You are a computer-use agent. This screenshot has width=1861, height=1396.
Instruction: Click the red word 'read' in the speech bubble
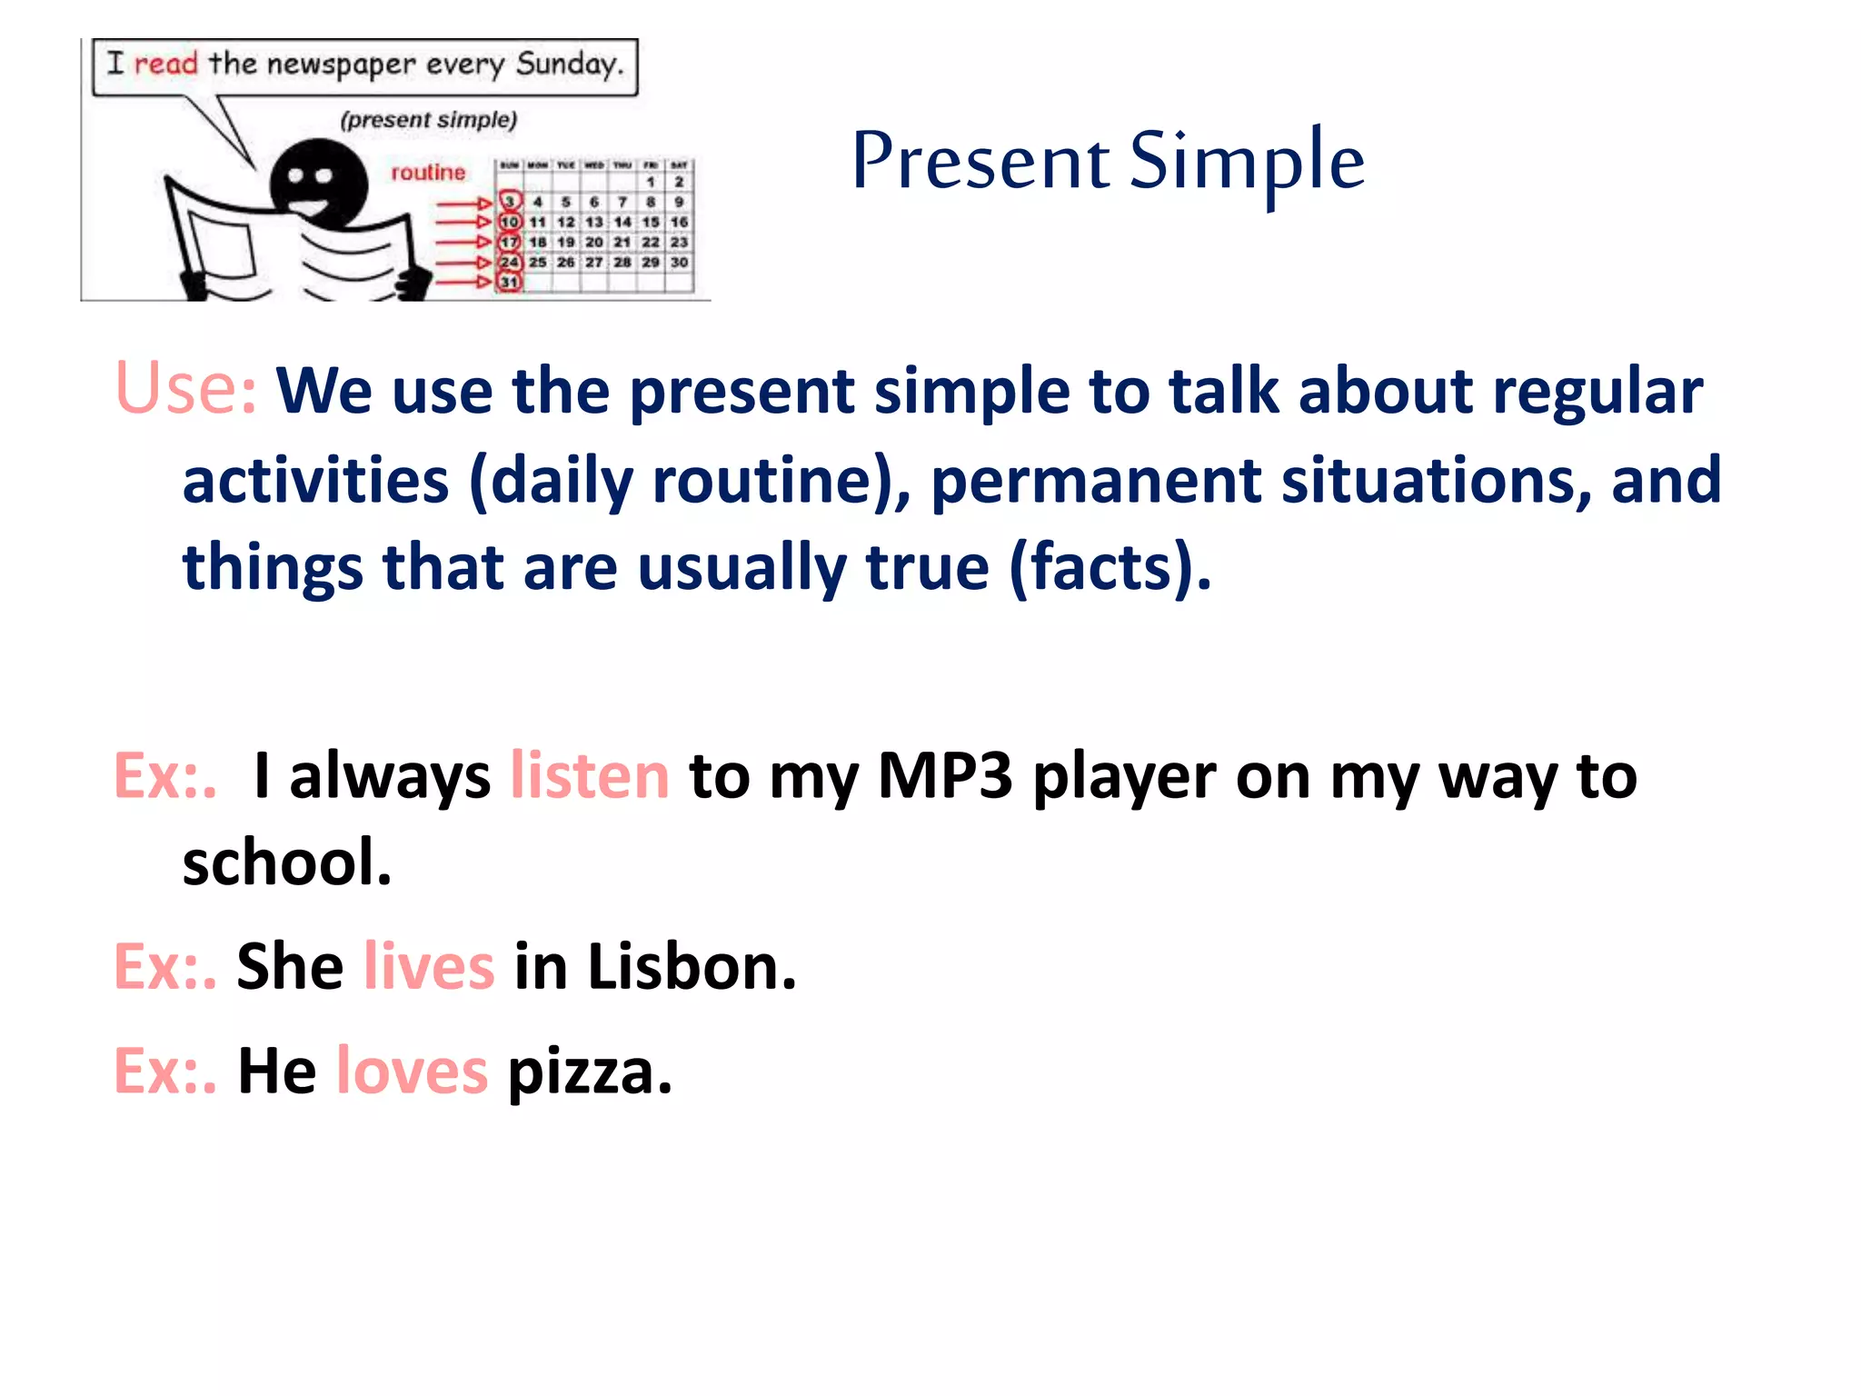pos(165,64)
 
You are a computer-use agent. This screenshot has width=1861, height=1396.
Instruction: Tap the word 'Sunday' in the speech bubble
pos(569,65)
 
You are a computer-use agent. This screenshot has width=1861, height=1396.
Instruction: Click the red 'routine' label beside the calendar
pos(427,173)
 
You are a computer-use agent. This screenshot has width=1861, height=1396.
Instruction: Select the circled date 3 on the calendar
pos(510,202)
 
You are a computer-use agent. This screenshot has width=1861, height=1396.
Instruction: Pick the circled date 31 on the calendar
pos(510,282)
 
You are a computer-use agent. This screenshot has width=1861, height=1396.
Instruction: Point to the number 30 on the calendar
pos(679,262)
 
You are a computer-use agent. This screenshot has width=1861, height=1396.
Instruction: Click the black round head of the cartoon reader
pos(318,182)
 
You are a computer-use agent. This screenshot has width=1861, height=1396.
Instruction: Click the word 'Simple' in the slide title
pos(1247,162)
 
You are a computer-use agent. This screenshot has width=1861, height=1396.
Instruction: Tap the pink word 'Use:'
pos(185,389)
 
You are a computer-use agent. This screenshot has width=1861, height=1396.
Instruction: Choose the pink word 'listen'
pos(590,776)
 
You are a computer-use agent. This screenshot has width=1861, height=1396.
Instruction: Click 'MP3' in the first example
pos(944,776)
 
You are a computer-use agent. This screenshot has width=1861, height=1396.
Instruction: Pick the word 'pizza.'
pos(590,1072)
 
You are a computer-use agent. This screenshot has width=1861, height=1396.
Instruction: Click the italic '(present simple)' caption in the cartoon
pos(428,120)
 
